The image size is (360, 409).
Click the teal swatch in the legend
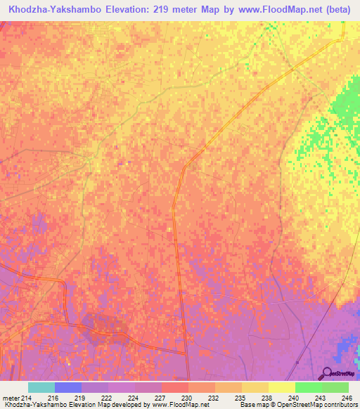point(41,387)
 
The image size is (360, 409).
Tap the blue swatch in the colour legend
point(68,387)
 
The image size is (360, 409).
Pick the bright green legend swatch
point(309,387)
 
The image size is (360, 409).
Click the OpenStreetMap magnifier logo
point(327,373)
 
